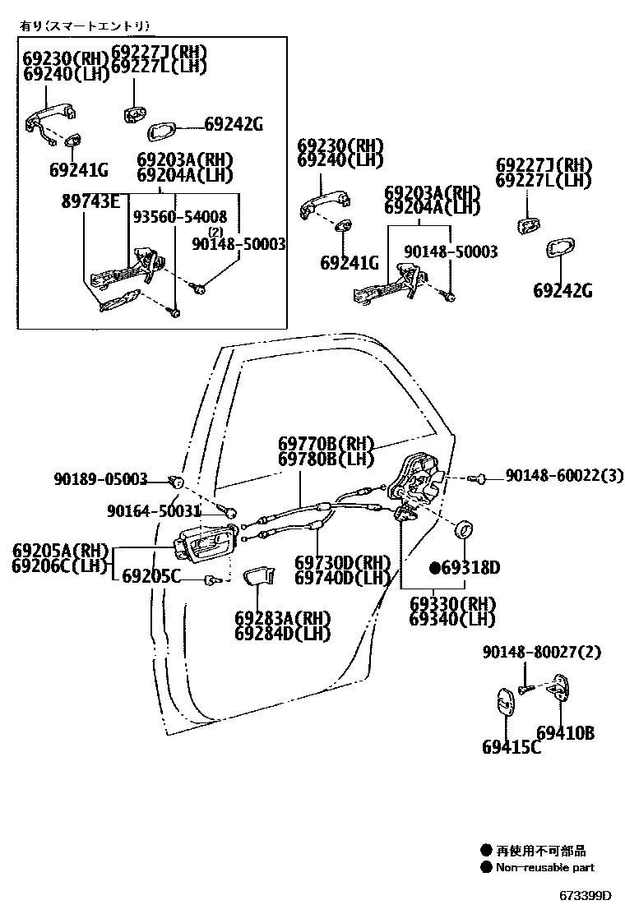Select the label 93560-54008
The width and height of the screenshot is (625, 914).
point(179,217)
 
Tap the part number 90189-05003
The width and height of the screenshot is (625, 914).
point(101,479)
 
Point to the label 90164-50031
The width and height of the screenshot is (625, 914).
point(154,511)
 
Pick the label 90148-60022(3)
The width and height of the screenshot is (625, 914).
point(563,476)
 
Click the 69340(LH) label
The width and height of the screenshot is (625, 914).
point(451,619)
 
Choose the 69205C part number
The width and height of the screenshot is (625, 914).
point(150,576)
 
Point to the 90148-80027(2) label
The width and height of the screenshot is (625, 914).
point(541,653)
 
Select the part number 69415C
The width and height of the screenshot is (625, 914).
point(511,747)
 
